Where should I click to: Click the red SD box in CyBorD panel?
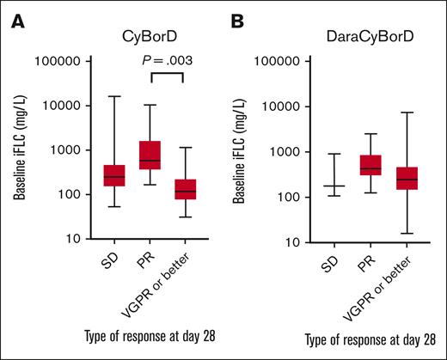[114, 174]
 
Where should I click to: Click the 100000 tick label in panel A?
[55, 62]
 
